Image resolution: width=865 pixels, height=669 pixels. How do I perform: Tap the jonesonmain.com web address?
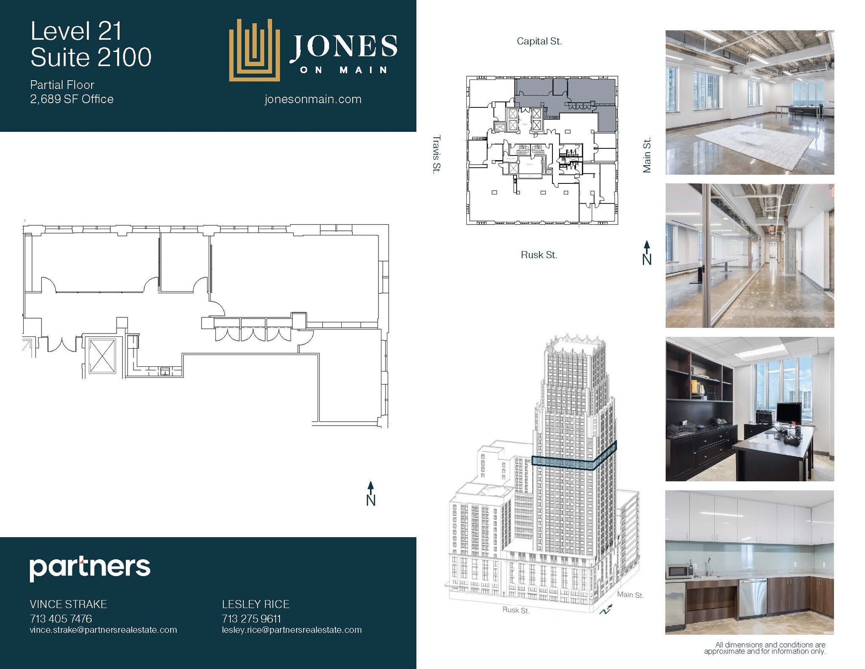click(313, 99)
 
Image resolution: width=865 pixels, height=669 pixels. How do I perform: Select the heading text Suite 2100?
click(91, 57)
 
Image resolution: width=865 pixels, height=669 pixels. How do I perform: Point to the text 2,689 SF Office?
click(72, 99)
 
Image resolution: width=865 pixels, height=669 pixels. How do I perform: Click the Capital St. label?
click(539, 41)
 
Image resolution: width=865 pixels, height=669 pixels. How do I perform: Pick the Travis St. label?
click(436, 154)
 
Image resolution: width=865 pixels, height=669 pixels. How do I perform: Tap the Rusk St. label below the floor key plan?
click(539, 255)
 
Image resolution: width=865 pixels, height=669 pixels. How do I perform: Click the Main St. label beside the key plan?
click(647, 155)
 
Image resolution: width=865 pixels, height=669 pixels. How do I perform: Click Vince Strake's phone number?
click(61, 619)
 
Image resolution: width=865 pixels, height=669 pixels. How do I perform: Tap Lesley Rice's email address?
click(292, 630)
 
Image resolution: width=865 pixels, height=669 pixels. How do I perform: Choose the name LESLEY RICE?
click(256, 604)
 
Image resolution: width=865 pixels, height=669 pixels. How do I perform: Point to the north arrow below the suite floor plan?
click(370, 493)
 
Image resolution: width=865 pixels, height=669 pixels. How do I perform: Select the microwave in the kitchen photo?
click(679, 572)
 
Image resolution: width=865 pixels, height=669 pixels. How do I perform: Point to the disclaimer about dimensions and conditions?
click(764, 648)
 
